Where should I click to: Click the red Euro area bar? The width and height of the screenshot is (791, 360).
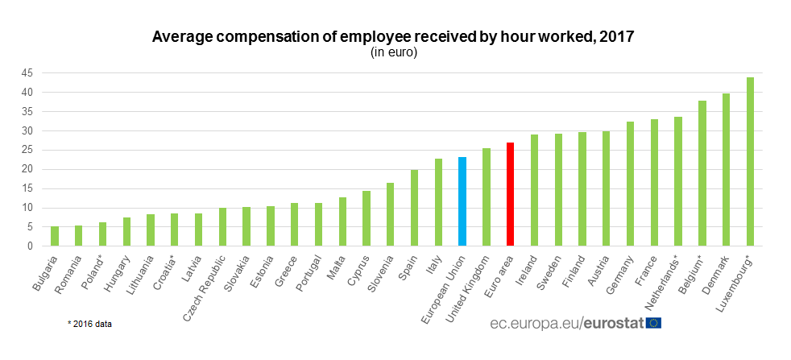point(510,194)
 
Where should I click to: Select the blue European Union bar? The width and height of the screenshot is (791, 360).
point(462,201)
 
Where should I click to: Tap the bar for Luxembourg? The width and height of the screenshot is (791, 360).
point(750,161)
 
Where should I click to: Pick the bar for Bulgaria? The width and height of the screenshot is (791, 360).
point(55,236)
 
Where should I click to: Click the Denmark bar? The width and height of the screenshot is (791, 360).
point(726,169)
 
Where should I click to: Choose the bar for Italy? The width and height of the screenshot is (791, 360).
point(438,202)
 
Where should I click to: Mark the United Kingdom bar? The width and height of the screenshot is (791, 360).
point(486,197)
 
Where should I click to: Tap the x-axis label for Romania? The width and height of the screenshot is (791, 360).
point(68,270)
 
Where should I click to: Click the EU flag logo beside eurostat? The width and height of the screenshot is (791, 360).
point(653,323)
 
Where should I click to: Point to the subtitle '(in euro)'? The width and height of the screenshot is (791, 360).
point(394,52)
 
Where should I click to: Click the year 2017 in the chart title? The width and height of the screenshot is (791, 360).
point(618,37)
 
